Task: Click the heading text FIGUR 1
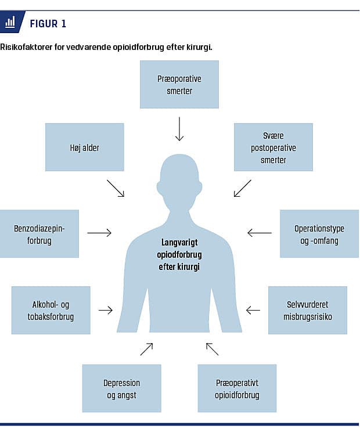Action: click(x=48, y=24)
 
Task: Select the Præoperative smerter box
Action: click(x=179, y=85)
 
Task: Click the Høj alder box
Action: click(x=85, y=147)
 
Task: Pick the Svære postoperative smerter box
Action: click(x=273, y=147)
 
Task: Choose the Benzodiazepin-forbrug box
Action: click(x=39, y=234)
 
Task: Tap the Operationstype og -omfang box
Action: click(x=319, y=234)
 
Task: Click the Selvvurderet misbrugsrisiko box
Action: click(x=308, y=310)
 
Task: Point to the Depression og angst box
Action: click(x=122, y=388)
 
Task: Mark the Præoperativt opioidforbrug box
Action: click(x=237, y=388)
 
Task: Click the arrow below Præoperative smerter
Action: click(x=179, y=128)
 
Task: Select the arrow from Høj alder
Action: click(x=116, y=188)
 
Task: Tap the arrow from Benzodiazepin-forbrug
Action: click(x=99, y=233)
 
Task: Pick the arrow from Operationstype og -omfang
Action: click(x=259, y=233)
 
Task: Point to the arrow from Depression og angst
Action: click(x=146, y=349)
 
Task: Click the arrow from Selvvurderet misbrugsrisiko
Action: click(x=253, y=310)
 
